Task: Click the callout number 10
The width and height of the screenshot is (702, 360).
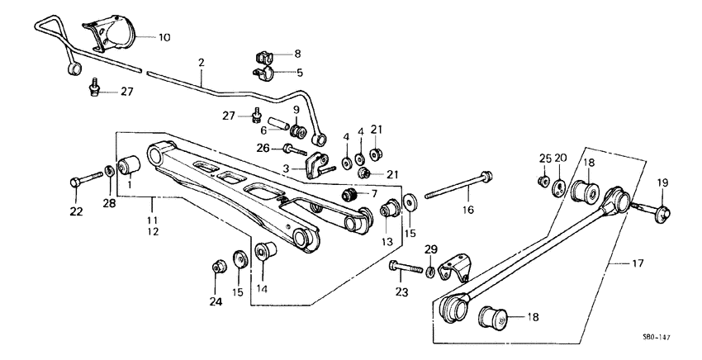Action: pos(164,38)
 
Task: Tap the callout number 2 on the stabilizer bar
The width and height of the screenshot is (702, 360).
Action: pos(201,62)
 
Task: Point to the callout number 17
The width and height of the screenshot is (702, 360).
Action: pos(636,264)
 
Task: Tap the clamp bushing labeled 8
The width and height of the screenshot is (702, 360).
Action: pos(263,58)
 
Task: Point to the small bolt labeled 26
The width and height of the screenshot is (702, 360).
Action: pos(294,150)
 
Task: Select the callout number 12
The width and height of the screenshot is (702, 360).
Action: pos(153,234)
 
